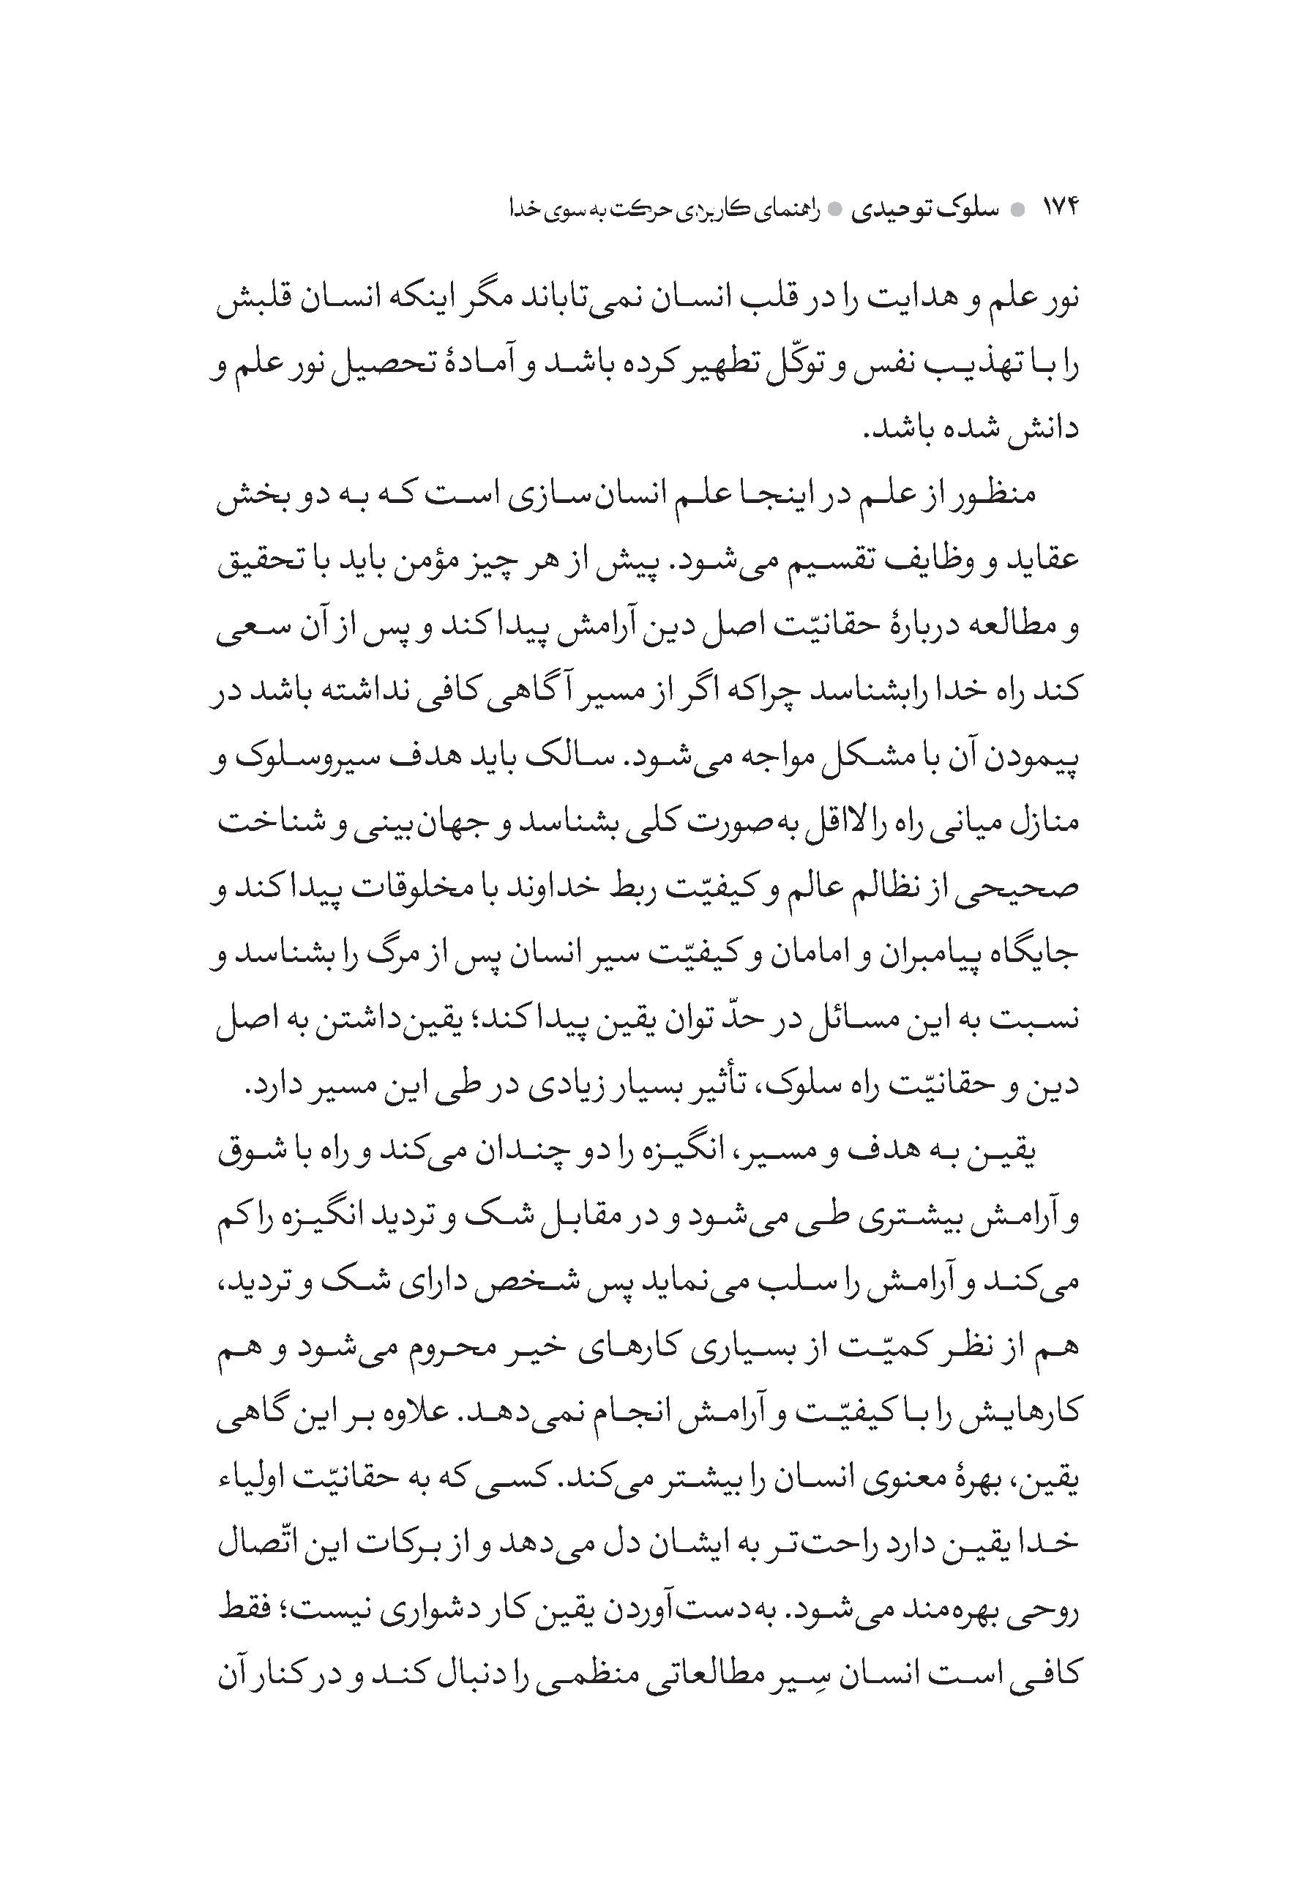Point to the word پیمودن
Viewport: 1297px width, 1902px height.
pyautogui.click(x=1040, y=757)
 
